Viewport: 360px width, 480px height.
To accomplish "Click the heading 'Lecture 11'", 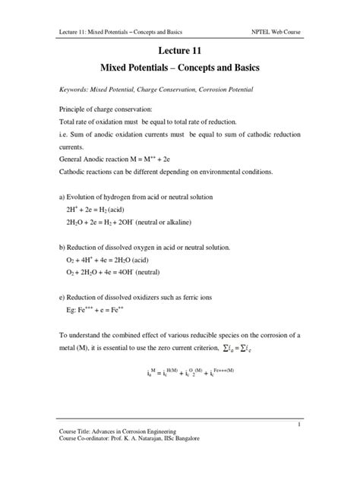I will click(x=180, y=52).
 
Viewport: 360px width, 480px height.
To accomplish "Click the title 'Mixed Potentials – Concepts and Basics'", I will click(x=180, y=68).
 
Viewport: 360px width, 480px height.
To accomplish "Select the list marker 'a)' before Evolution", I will click(x=62, y=196).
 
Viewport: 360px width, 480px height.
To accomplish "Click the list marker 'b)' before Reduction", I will click(x=62, y=247).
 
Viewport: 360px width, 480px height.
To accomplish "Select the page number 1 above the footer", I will click(x=300, y=425).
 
